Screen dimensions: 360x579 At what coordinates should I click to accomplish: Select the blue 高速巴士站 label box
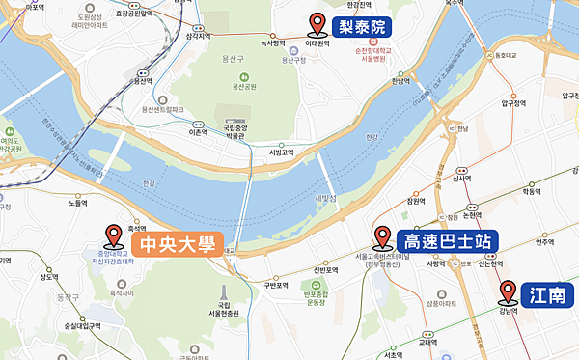click(440, 240)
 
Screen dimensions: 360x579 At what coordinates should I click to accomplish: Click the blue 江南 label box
click(548, 294)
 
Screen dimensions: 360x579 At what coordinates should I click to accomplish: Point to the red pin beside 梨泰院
click(315, 24)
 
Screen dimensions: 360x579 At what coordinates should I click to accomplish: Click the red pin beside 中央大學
click(113, 234)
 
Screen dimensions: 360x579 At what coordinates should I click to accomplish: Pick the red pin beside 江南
click(508, 291)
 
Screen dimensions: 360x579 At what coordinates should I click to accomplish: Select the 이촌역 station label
click(198, 132)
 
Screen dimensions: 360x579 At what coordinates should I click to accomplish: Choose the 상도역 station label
click(49, 277)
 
